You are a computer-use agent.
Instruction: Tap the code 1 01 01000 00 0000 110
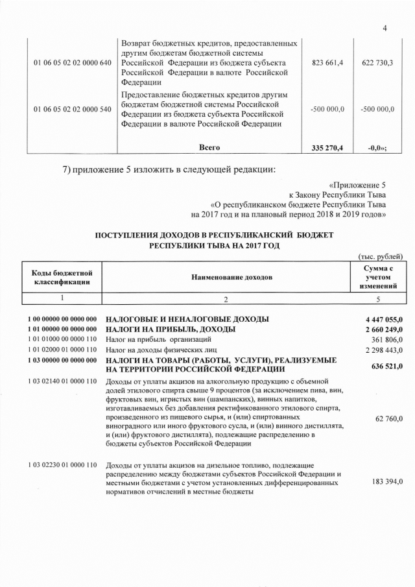(x=62, y=340)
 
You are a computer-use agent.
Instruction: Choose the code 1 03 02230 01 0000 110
(x=62, y=465)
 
